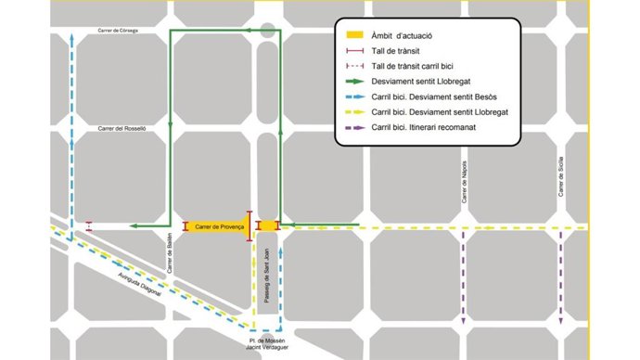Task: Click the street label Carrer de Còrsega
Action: (x=118, y=31)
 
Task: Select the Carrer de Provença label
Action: (x=219, y=226)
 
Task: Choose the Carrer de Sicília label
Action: (x=561, y=176)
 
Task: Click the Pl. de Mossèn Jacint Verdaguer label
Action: (x=268, y=344)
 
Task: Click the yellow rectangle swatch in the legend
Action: (x=355, y=35)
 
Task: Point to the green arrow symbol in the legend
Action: (x=355, y=82)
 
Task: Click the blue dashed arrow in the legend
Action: (x=355, y=96)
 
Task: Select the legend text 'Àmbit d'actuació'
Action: (x=401, y=35)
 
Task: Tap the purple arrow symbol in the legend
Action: (x=355, y=127)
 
